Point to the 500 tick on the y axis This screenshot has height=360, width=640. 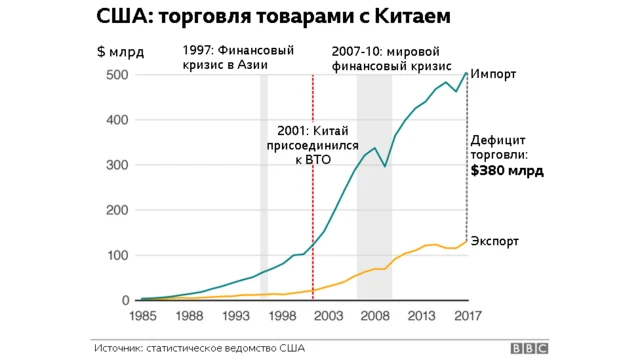tap(118, 75)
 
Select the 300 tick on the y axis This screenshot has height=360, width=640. tap(118, 165)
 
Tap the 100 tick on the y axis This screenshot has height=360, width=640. tap(118, 255)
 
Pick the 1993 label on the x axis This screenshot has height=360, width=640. tap(237, 315)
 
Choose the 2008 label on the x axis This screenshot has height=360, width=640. tap(374, 315)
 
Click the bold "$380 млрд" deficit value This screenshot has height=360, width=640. tap(507, 171)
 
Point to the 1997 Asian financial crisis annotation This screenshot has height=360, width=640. tap(226, 58)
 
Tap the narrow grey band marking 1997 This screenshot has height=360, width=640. tap(264, 200)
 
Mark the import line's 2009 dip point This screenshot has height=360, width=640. tap(386, 165)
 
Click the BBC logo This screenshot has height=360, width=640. tap(530, 348)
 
